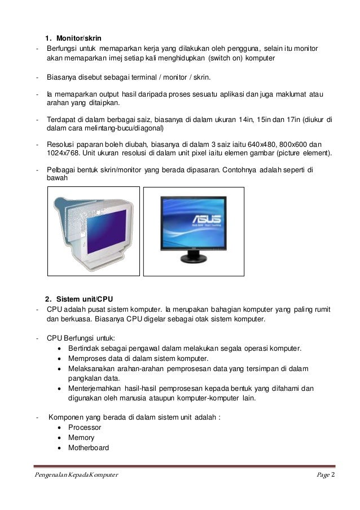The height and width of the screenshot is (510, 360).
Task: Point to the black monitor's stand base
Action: coord(195,261)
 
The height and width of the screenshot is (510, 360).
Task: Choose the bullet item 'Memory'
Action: coord(81,438)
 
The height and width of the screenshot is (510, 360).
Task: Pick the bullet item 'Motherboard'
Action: coord(89,448)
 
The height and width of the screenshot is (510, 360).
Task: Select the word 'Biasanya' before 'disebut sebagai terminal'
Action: coord(63,77)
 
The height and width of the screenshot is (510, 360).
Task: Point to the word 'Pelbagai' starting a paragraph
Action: coord(61,169)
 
